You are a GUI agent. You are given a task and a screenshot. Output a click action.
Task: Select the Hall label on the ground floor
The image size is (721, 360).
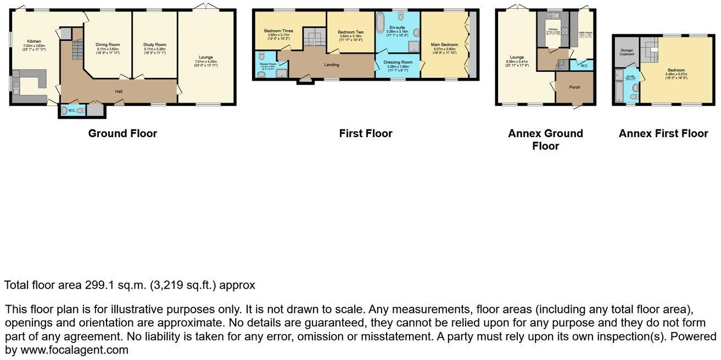(x=118, y=91)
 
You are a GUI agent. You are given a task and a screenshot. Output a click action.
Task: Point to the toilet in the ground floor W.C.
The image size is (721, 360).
(x=66, y=111)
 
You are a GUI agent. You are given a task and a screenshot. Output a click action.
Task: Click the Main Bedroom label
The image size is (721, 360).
(x=444, y=44)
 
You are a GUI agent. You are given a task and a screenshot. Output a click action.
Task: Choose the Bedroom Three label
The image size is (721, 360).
(x=278, y=31)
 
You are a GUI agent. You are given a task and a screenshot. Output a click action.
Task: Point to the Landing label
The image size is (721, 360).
(x=331, y=65)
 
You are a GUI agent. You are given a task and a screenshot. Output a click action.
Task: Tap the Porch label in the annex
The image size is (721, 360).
(x=574, y=87)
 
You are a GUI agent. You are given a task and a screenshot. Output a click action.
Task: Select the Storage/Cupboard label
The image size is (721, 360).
(x=627, y=52)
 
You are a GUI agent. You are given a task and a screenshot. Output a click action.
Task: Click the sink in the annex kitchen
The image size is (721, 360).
(x=552, y=15)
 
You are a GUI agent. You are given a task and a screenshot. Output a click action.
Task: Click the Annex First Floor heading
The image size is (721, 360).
(x=663, y=133)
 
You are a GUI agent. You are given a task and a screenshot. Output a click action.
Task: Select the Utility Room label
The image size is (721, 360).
(x=585, y=33)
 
